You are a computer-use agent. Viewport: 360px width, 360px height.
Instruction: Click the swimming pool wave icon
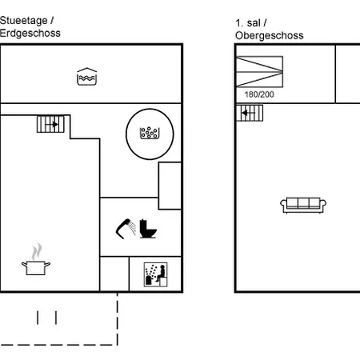click(86, 77)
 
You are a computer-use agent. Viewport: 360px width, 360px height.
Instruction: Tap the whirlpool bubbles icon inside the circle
click(150, 133)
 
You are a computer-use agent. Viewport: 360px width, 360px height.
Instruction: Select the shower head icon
click(126, 229)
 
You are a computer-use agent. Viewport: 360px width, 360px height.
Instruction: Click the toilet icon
click(148, 229)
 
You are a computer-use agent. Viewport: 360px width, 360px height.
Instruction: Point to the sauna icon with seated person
click(156, 274)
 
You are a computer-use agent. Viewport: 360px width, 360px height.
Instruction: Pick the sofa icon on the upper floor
click(303, 205)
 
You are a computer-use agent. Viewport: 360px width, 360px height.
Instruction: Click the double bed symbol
click(259, 71)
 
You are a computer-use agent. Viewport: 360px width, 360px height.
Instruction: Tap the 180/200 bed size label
click(259, 94)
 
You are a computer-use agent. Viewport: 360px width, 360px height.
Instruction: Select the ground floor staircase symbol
click(50, 124)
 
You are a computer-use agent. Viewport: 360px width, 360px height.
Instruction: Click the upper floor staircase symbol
click(250, 113)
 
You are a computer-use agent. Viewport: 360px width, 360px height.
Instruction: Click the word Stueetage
click(24, 21)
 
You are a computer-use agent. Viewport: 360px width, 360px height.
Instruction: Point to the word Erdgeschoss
click(30, 34)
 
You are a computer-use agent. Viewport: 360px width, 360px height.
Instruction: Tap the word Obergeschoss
click(270, 36)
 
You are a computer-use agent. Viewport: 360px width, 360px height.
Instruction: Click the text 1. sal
click(248, 23)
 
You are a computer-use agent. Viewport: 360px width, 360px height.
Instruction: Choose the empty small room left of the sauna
click(114, 274)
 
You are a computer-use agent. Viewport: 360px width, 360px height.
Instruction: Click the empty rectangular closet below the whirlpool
click(170, 186)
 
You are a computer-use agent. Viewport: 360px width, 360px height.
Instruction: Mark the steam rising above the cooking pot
click(37, 251)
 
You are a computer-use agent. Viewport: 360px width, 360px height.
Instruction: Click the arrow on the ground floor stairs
click(52, 124)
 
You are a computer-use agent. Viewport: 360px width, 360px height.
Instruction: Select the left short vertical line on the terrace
click(38, 318)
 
